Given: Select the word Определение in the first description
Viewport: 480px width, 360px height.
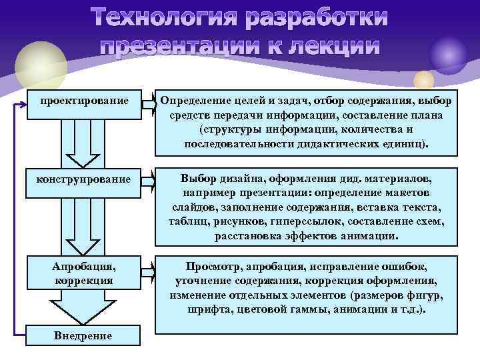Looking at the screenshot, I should pos(196,101).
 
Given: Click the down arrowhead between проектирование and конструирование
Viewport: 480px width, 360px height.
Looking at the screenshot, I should pos(84,160).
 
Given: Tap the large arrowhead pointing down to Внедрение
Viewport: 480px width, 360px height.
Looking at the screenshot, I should pos(84,311).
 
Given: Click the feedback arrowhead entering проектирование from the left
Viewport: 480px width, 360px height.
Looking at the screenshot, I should pos(25,102).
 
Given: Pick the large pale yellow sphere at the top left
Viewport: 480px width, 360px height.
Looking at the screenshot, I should pos(41,63).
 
